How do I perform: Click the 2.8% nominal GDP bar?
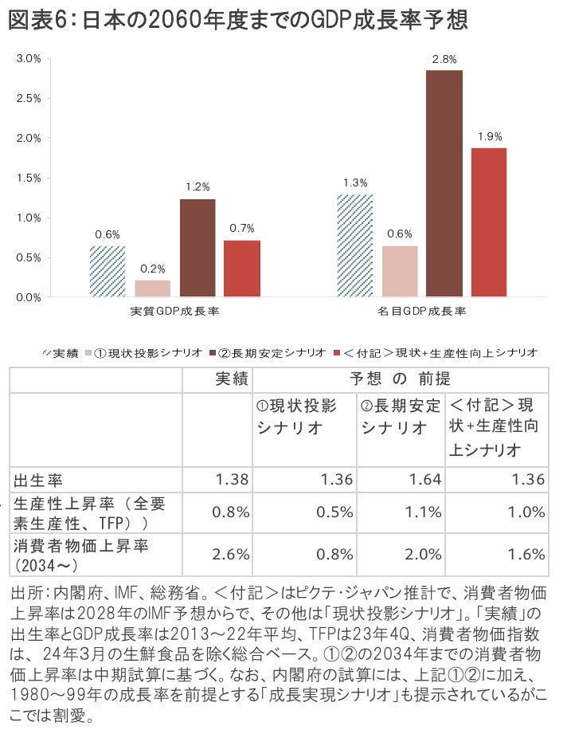click(x=444, y=183)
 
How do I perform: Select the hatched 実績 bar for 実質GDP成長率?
click(x=107, y=271)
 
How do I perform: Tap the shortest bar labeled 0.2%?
click(x=152, y=288)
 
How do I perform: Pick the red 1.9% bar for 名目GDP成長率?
click(x=488, y=222)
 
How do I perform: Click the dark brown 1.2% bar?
click(x=197, y=248)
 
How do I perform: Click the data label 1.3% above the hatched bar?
click(x=354, y=182)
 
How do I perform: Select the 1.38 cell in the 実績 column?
click(x=233, y=479)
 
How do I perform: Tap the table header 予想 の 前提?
click(x=400, y=379)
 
